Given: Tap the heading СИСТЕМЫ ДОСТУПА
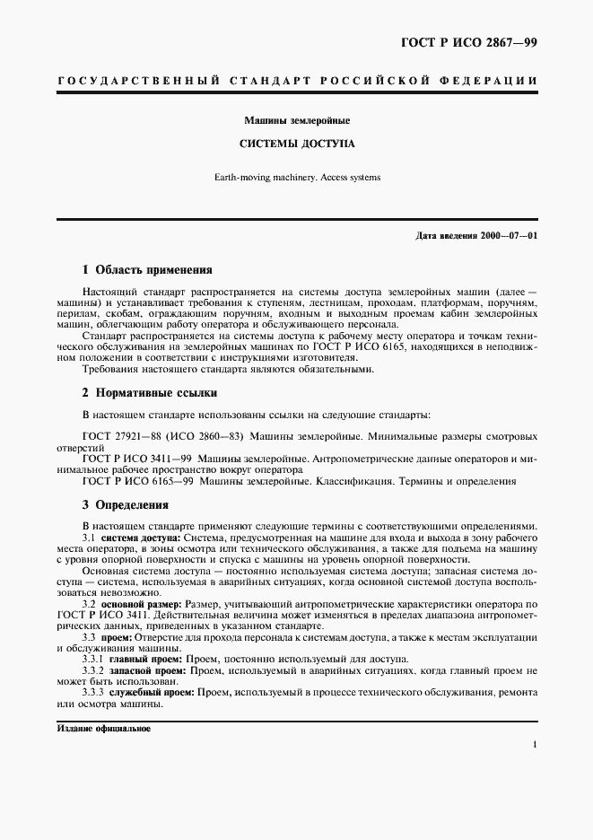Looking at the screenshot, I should point(296,143).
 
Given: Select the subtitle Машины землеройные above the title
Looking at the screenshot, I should point(296,119).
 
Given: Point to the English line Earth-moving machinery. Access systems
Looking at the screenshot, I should point(297,177).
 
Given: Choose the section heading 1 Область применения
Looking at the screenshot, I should point(147,269).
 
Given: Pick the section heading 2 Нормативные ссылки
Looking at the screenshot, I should point(149,393).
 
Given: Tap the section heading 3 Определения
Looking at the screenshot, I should point(126,505).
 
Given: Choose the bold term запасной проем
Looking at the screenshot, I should point(152,671).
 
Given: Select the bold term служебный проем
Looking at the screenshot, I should point(153,693).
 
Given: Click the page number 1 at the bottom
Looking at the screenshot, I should point(534,744).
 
